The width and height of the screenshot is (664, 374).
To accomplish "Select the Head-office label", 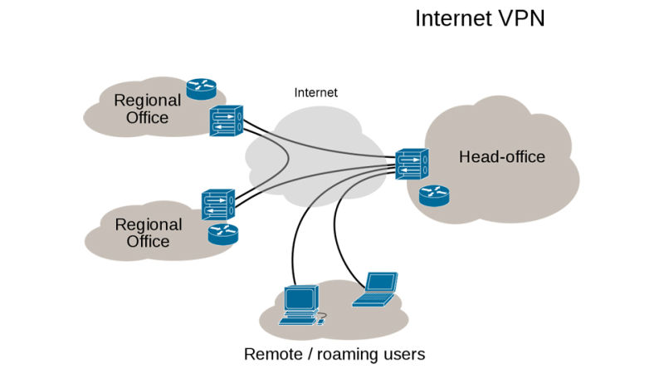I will pyautogui.click(x=502, y=157).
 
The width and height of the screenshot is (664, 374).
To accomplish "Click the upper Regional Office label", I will pyautogui.click(x=147, y=109).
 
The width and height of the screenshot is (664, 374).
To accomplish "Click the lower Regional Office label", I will pyautogui.click(x=148, y=233).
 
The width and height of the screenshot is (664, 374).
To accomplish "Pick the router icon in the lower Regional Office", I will pyautogui.click(x=222, y=234).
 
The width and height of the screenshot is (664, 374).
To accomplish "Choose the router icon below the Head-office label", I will pyautogui.click(x=433, y=196).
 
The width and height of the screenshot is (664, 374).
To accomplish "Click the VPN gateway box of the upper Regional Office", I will pyautogui.click(x=226, y=121).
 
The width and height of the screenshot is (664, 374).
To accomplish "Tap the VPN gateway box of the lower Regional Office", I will pyautogui.click(x=218, y=204).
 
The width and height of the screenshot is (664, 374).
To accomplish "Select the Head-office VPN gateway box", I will pyautogui.click(x=411, y=163).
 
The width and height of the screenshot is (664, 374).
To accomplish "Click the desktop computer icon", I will pyautogui.click(x=300, y=305).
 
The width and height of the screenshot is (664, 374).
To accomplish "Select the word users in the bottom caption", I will pyautogui.click(x=406, y=355).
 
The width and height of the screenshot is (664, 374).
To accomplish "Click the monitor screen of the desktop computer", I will pyautogui.click(x=300, y=297).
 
